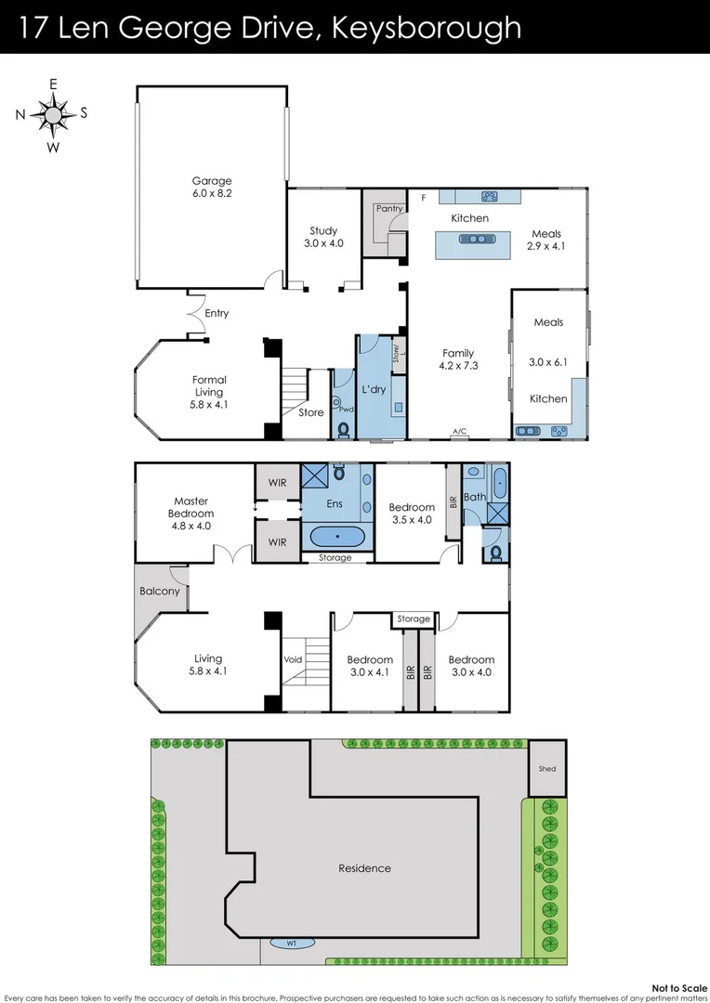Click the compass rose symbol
point(53,114)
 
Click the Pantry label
point(389,209)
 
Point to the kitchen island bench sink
point(478,239)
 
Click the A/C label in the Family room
point(459,432)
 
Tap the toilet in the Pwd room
point(343,430)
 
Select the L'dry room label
point(373,389)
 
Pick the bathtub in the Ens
point(336,537)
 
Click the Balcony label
point(159,591)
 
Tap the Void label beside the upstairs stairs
point(294,659)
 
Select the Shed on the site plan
point(546,769)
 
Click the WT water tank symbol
point(291,944)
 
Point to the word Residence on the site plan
point(364,868)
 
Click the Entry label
point(217,313)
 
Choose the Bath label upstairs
point(475,497)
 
